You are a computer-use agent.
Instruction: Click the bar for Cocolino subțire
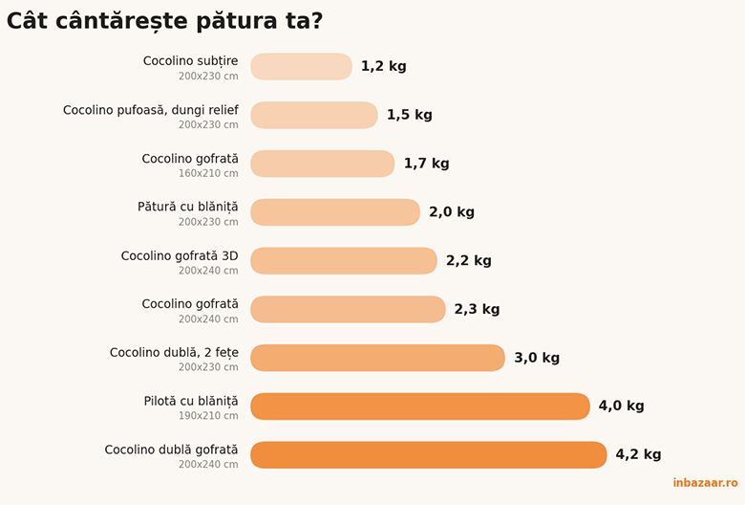pos(301,67)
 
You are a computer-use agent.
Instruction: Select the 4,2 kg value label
pos(638,454)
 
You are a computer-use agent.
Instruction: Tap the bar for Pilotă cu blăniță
pos(420,406)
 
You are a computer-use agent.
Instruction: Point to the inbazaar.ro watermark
pos(705,483)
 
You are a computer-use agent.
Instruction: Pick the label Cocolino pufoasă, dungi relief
pos(151,110)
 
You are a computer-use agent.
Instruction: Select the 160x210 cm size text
pos(208,174)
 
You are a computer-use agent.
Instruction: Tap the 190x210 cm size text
pos(208,416)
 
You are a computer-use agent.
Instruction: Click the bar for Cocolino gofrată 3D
pos(344,261)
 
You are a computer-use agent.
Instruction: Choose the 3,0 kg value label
pos(537,358)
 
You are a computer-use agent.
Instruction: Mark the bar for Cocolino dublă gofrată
pos(429,455)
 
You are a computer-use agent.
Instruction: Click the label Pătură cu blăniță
pos(188,208)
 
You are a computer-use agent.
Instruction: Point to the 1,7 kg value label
pos(426,164)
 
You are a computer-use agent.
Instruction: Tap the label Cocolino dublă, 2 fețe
pos(175,353)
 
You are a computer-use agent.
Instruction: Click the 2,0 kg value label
pos(452,211)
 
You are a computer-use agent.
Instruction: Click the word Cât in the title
pos(27,21)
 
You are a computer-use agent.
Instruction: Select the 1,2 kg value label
pos(383,66)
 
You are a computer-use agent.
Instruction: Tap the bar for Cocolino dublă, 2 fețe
pos(377,358)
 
